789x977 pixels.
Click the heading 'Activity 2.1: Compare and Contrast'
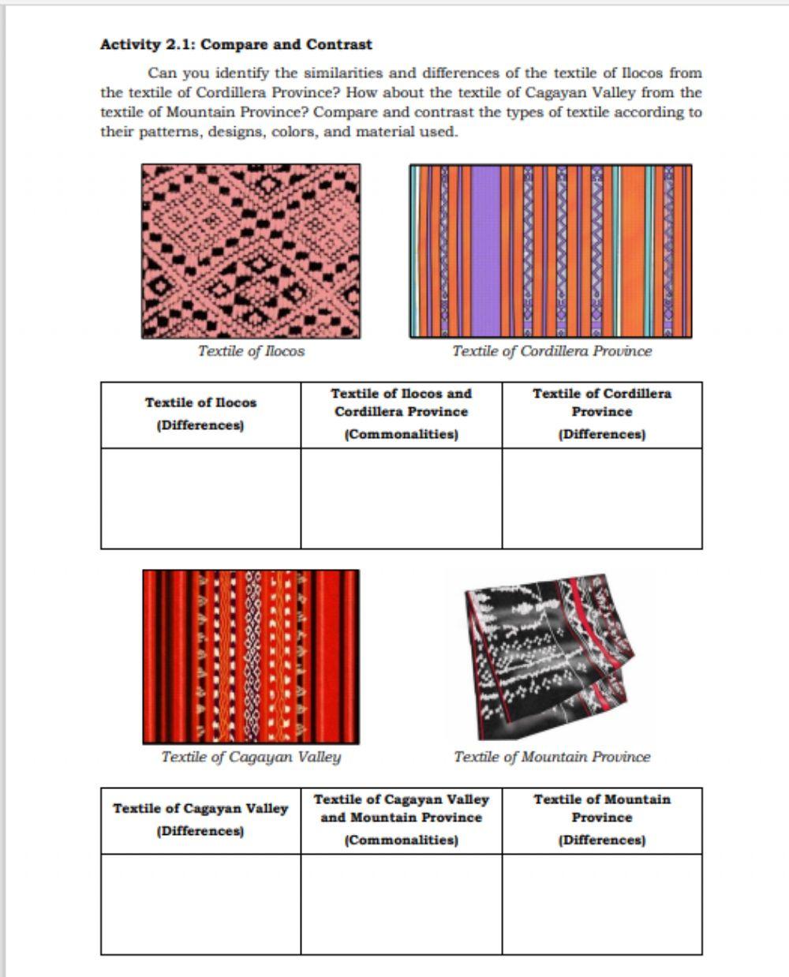point(236,45)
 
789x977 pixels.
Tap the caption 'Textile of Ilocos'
point(251,351)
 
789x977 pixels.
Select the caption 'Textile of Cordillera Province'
point(552,351)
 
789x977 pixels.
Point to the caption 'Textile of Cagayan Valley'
point(251,757)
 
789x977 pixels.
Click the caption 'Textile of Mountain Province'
point(552,757)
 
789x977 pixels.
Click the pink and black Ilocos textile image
point(251,251)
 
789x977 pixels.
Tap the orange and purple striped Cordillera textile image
point(551,251)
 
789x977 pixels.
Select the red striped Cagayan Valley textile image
point(251,657)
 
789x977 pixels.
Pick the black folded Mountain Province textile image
point(550,657)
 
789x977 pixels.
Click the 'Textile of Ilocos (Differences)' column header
point(200,414)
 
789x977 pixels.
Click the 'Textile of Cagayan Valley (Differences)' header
point(200,819)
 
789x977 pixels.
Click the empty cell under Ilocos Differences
point(200,498)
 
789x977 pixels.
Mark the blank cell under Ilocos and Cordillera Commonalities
point(401,498)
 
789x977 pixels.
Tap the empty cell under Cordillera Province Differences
point(602,498)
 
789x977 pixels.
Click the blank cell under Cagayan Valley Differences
point(200,904)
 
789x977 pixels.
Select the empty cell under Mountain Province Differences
point(602,904)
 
